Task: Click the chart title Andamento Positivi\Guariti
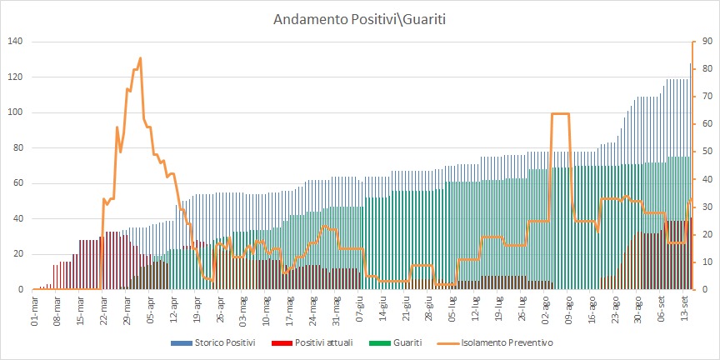(359, 18)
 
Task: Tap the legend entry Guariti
(394, 342)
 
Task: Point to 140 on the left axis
(15, 42)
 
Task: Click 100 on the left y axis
(15, 112)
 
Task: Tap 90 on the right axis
(704, 42)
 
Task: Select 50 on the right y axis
(704, 152)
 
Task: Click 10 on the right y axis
(704, 262)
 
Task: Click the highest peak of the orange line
(140, 57)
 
